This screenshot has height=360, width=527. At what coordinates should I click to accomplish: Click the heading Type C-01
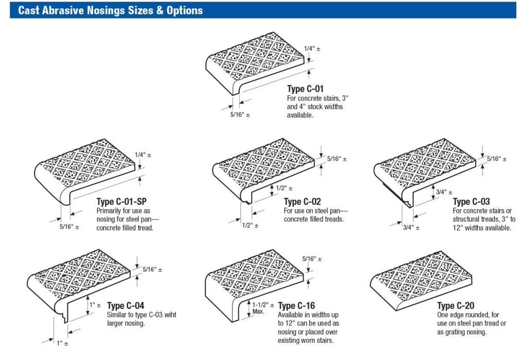pyautogui.click(x=305, y=89)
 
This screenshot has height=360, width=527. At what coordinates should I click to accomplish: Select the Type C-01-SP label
pyautogui.click(x=121, y=201)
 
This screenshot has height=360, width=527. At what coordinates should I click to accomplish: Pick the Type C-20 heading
pyautogui.click(x=456, y=306)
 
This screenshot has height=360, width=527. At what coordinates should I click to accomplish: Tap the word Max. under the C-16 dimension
pyautogui.click(x=259, y=312)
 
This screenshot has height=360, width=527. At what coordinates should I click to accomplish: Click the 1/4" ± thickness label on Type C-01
pyautogui.click(x=312, y=48)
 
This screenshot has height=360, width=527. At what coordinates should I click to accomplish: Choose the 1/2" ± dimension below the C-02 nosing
pyautogui.click(x=250, y=226)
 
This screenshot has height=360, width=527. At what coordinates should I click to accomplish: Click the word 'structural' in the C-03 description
pyautogui.click(x=469, y=219)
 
